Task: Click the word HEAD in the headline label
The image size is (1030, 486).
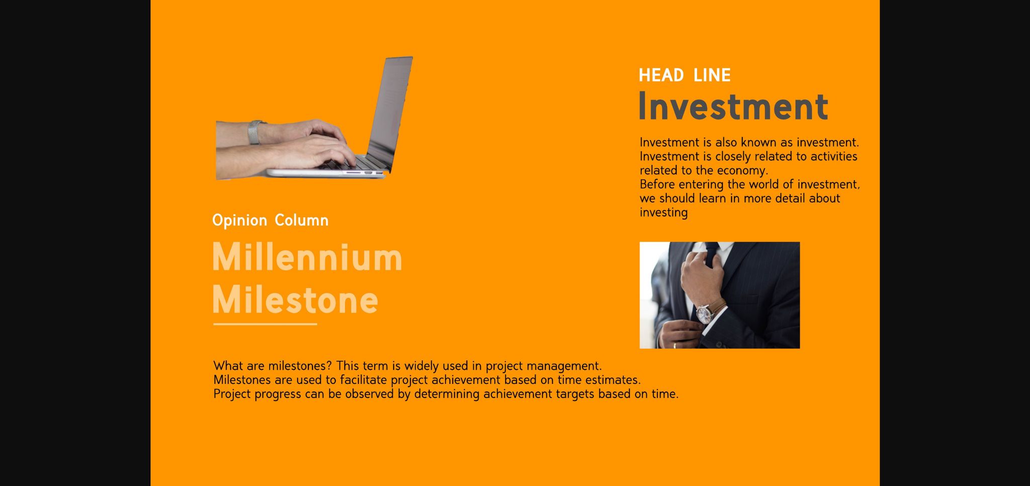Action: (x=661, y=75)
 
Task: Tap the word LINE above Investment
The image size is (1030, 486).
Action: (x=712, y=75)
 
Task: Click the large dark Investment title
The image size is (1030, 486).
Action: (x=733, y=107)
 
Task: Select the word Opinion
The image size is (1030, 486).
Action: (x=239, y=221)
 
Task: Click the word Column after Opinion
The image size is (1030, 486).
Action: (x=301, y=220)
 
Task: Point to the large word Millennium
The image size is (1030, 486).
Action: (x=307, y=257)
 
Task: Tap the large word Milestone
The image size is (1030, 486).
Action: (x=295, y=300)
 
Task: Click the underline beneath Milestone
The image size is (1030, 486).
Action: (x=265, y=324)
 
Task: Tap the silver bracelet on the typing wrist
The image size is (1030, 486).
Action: (x=255, y=132)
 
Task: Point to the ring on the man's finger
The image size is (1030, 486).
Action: (x=674, y=345)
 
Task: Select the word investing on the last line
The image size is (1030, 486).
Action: (x=664, y=213)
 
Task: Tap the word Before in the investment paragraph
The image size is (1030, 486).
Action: (x=657, y=184)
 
